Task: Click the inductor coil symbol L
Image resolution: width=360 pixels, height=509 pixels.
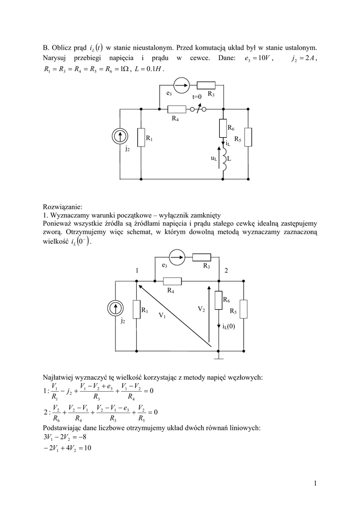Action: [224, 162]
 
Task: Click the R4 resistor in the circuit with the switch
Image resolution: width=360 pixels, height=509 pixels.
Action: [176, 109]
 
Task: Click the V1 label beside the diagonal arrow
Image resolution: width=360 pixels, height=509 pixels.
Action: [162, 315]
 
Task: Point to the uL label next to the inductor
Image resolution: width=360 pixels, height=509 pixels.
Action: [214, 159]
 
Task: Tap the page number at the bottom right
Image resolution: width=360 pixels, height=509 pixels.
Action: [315, 482]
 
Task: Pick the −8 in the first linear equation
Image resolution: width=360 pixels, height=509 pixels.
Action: [85, 438]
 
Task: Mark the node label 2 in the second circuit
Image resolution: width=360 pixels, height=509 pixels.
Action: [226, 270]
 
